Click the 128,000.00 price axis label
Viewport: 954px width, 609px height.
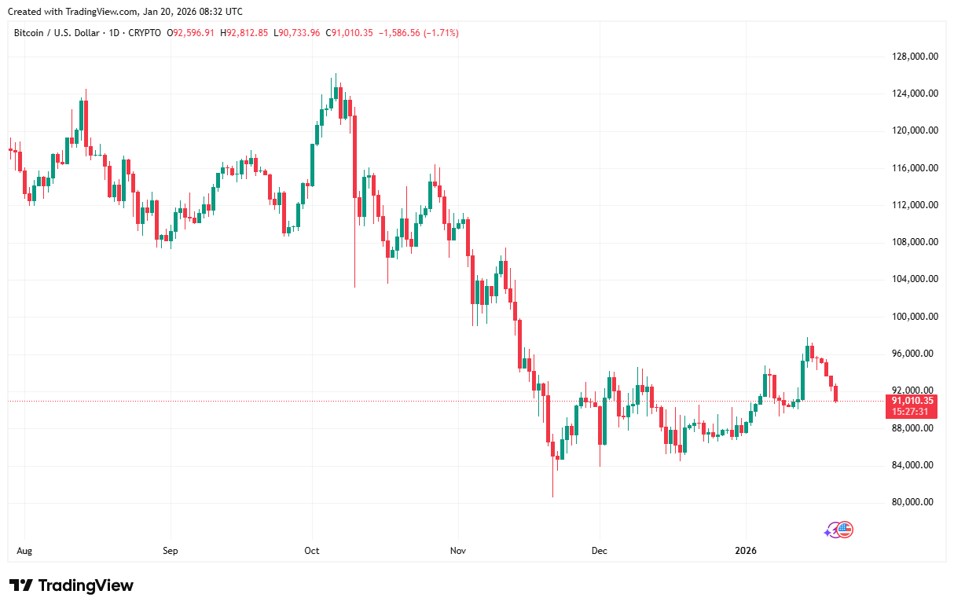coord(912,56)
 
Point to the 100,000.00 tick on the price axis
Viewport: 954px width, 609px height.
coord(912,316)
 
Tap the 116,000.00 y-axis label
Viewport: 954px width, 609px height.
coord(912,167)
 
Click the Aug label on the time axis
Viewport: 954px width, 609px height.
coord(24,551)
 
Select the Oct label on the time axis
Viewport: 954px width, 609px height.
coord(312,551)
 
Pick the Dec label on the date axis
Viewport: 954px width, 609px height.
coord(599,551)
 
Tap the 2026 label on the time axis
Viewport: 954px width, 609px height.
coord(745,551)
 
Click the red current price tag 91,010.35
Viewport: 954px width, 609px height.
coord(912,400)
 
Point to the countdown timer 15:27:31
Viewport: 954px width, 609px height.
coord(912,411)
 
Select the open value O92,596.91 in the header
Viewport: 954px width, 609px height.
coord(193,33)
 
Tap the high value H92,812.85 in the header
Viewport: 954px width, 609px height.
coord(244,33)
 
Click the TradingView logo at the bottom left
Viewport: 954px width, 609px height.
coord(72,585)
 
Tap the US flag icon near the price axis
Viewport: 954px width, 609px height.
coord(845,530)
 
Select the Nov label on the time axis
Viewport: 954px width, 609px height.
coord(458,551)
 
